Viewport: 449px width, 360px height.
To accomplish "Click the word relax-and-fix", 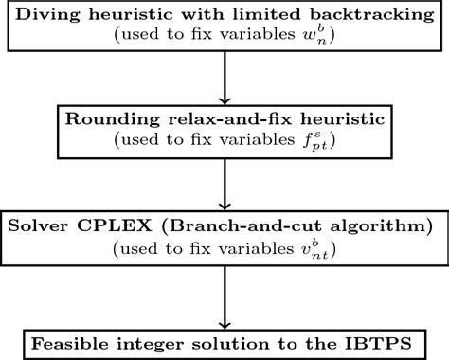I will [204, 117].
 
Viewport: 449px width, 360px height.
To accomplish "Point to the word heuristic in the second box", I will [310, 117].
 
